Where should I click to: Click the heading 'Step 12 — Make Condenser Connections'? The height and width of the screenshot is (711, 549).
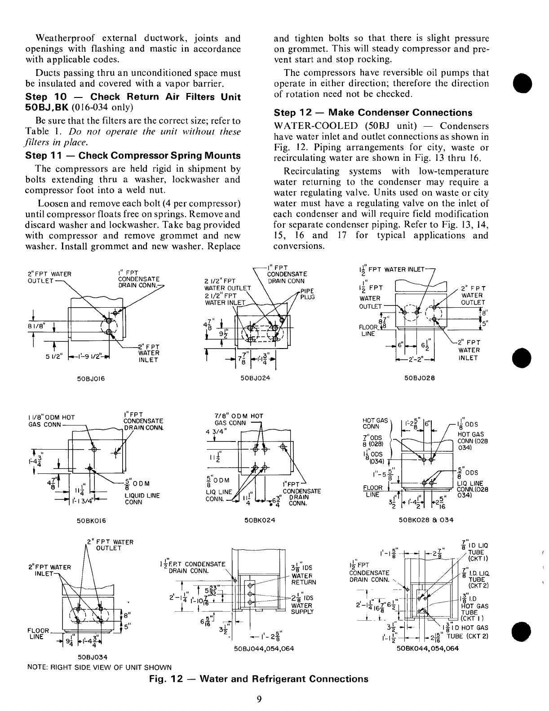click(373, 113)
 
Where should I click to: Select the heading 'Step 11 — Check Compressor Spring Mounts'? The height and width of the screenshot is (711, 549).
click(133, 156)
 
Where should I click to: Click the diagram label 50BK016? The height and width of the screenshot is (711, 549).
click(91, 520)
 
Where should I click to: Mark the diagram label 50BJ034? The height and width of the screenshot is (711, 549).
click(93, 657)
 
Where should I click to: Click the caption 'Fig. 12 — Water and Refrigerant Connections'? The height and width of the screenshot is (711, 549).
click(258, 679)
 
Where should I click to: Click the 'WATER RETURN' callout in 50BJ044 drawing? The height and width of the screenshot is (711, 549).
click(304, 579)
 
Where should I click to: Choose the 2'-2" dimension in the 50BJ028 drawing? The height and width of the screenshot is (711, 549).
click(415, 359)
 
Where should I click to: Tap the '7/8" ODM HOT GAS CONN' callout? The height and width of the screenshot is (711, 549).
click(239, 420)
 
